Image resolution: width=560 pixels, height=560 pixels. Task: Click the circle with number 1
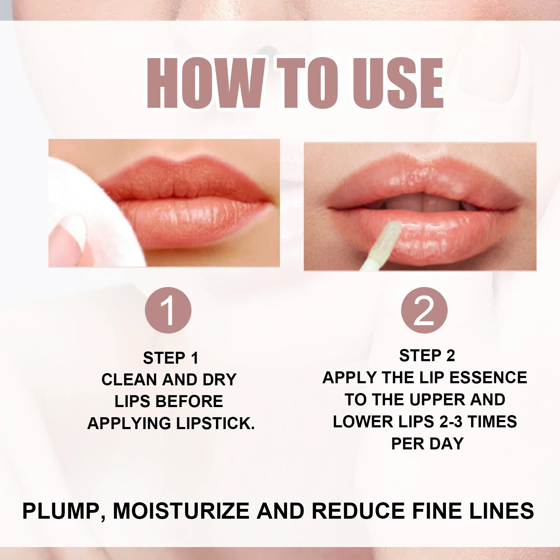coord(168,310)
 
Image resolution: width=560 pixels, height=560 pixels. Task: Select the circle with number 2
coord(424,310)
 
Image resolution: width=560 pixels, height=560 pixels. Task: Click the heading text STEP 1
coord(170,358)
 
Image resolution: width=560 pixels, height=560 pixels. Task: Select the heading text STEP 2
coord(427,356)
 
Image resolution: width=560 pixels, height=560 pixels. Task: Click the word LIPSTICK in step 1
coord(215,423)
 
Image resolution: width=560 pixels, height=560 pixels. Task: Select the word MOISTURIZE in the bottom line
coord(181,511)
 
